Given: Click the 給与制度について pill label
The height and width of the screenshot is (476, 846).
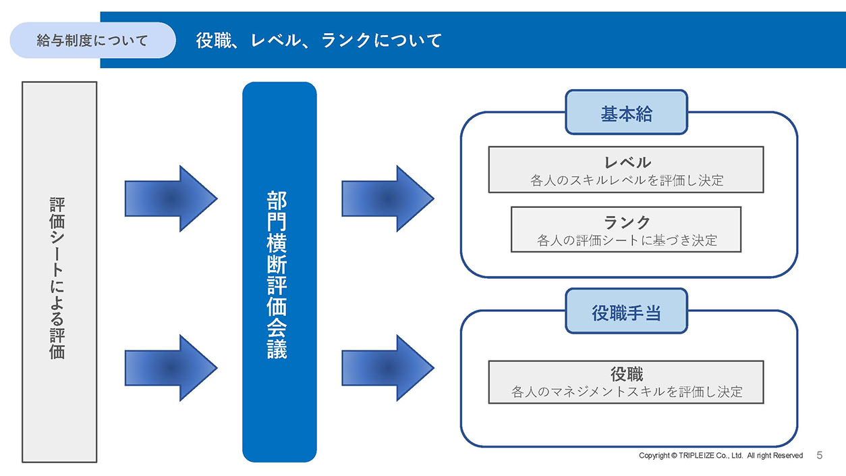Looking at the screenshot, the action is [x=92, y=40].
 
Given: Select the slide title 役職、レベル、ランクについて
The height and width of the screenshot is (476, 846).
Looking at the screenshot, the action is [x=318, y=41].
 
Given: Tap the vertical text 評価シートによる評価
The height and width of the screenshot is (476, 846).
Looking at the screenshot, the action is [x=57, y=278].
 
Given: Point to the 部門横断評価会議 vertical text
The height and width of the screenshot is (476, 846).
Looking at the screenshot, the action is [x=277, y=275].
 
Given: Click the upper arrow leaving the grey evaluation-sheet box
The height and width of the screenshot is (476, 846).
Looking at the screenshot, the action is [x=171, y=199].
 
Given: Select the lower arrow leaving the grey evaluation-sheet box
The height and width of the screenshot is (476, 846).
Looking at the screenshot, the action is [x=171, y=368].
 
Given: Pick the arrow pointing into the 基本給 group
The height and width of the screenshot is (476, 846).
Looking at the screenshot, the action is [x=388, y=199].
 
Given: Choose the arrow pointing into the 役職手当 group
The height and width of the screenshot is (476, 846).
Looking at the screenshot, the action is [x=388, y=368].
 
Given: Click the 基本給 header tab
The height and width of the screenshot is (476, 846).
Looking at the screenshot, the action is [x=627, y=112].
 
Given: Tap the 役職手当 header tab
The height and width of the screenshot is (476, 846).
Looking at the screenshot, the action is [x=627, y=311].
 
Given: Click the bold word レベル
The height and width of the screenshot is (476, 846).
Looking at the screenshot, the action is [x=627, y=163].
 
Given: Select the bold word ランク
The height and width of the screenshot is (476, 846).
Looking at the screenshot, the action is [x=627, y=222].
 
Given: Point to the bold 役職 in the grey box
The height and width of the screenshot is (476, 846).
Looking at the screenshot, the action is [x=627, y=374].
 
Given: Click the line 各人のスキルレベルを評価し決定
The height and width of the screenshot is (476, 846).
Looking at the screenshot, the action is [x=627, y=180].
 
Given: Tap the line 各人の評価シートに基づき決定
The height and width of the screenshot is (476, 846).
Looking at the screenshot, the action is [x=627, y=240].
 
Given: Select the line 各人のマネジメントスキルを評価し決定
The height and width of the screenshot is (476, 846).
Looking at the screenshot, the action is [x=627, y=392].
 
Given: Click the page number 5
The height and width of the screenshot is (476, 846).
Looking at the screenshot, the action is [x=819, y=455].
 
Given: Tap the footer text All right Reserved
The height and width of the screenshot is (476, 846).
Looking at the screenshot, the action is [x=774, y=456].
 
